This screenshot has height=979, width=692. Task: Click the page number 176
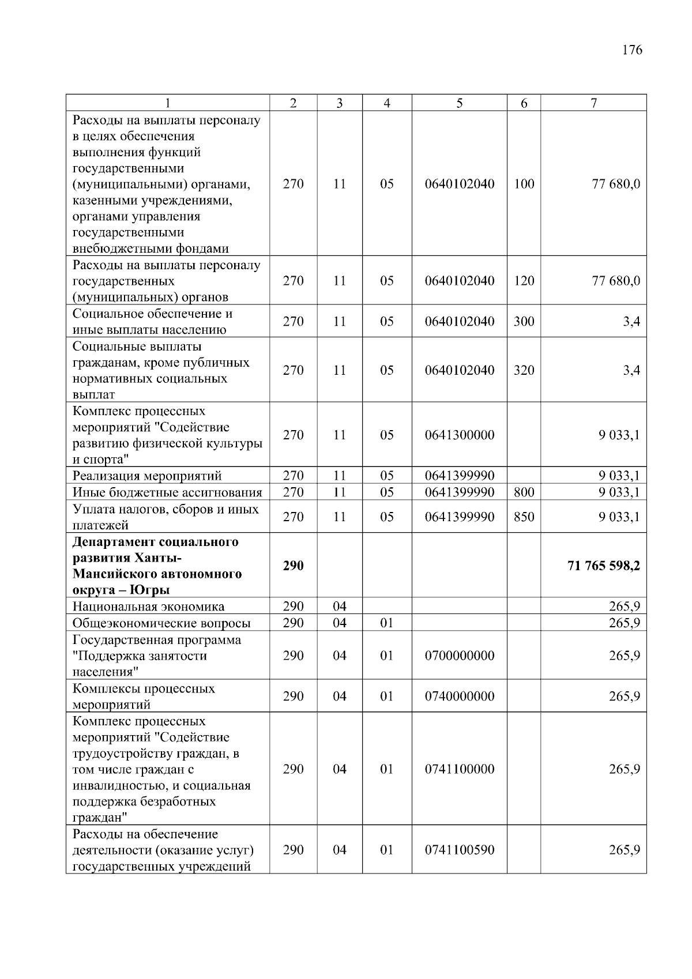click(x=632, y=50)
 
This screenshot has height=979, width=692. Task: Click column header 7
click(x=593, y=103)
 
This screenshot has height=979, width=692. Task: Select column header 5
click(x=459, y=103)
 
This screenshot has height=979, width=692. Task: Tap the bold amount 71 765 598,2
click(x=604, y=566)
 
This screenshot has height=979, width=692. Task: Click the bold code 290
click(x=293, y=566)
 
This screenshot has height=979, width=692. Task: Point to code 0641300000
click(x=459, y=435)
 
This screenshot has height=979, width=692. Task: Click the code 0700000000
click(x=459, y=656)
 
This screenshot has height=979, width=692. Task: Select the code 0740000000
click(x=459, y=696)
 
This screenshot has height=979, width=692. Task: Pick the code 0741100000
click(x=459, y=769)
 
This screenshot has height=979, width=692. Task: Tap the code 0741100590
click(x=459, y=850)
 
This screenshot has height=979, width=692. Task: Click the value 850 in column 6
click(x=524, y=517)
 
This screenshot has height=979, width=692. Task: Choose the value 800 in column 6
click(x=524, y=492)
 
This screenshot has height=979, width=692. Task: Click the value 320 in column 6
click(x=524, y=370)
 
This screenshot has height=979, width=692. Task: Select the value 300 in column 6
click(x=524, y=321)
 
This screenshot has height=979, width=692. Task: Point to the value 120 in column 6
click(x=524, y=281)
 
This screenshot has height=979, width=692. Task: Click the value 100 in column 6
click(x=524, y=184)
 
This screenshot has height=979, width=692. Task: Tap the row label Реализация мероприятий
click(x=147, y=476)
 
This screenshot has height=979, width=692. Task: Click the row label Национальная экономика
click(x=148, y=607)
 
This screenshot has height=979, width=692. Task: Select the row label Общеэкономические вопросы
click(x=161, y=623)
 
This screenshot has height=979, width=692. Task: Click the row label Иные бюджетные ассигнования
click(x=167, y=492)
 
